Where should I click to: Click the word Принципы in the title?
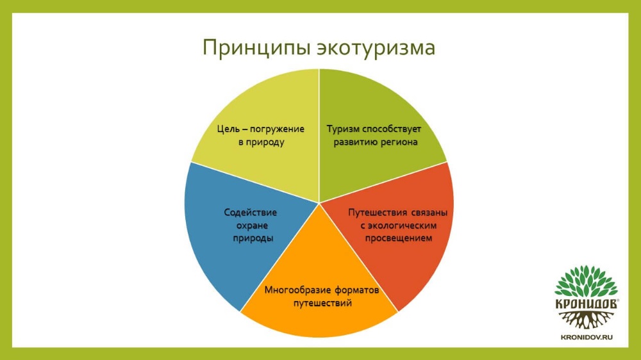257,48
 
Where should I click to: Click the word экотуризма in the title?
376,47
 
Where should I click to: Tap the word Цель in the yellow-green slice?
228,129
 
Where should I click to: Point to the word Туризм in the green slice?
342,129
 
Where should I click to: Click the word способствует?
390,129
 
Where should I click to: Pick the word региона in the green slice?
399,143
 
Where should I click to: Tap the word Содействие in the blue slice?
250,213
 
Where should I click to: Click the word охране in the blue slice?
252,225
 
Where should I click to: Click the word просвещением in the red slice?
399,239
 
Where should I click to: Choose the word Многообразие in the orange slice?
297,290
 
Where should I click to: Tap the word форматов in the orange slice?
357,290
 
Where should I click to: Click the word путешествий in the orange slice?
322,303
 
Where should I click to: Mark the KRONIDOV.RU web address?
587,338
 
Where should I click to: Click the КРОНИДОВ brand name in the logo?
586,304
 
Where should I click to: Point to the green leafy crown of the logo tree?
586,281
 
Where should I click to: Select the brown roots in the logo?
586,320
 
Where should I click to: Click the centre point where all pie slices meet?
319,203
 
